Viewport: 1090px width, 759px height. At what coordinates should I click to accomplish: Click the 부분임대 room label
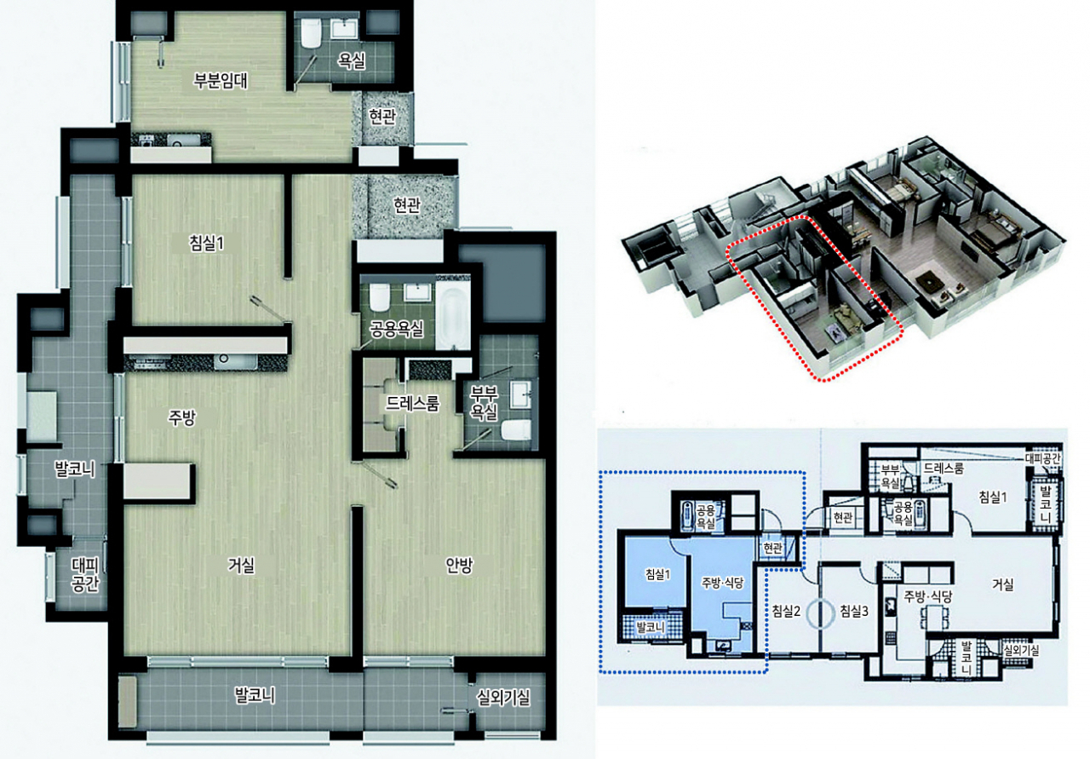click(x=221, y=80)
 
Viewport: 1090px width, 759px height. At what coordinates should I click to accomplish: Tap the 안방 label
click(x=459, y=566)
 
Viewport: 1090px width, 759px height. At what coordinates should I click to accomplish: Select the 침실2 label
click(x=786, y=611)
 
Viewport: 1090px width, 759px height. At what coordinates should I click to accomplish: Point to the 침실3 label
click(x=854, y=611)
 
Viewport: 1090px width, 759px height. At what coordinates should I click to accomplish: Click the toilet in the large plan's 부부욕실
click(x=516, y=430)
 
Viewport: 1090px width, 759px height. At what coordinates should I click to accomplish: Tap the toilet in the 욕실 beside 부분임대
click(x=310, y=33)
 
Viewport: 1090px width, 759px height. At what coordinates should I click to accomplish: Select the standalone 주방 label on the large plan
click(x=182, y=417)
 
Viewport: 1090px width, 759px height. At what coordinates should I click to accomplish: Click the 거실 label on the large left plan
click(x=241, y=566)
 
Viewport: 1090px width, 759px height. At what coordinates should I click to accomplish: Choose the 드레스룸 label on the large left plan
click(x=413, y=403)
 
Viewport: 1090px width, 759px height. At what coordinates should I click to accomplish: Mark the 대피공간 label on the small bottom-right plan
click(x=1043, y=458)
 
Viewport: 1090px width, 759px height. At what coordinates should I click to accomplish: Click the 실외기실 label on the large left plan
click(x=503, y=699)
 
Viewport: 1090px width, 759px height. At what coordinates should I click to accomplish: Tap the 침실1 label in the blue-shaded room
click(x=658, y=574)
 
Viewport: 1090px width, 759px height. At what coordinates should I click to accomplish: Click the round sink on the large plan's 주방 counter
click(x=223, y=359)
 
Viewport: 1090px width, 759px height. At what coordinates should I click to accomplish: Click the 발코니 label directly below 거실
click(x=255, y=695)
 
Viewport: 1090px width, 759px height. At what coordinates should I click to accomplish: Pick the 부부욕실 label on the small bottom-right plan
click(x=890, y=476)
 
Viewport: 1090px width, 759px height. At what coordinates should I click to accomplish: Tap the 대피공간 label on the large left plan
click(x=85, y=574)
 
